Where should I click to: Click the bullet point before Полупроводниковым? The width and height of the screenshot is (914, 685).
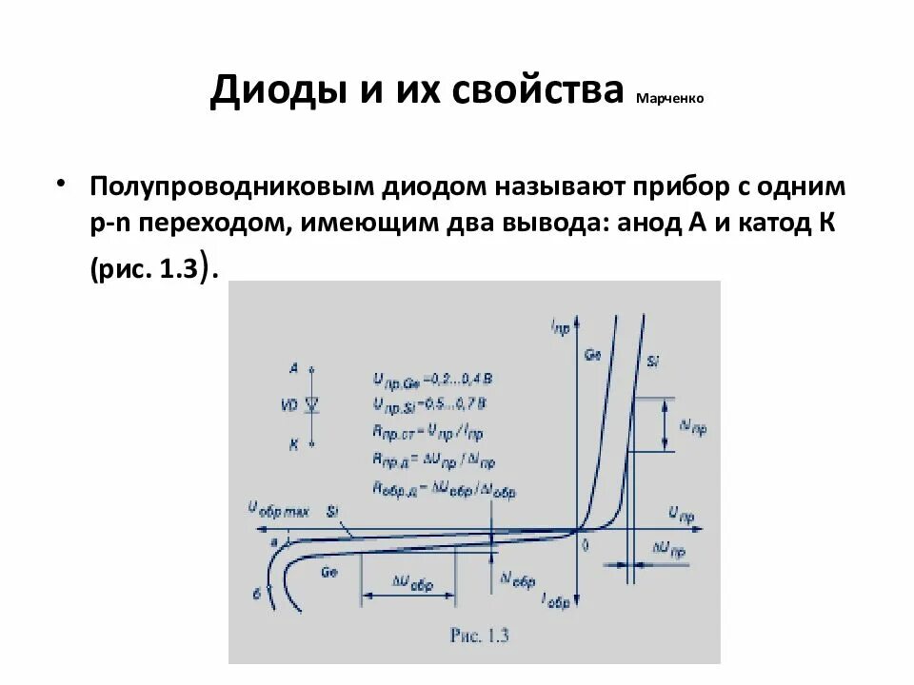(x=63, y=181)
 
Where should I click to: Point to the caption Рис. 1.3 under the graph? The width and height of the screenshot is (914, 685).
(x=473, y=637)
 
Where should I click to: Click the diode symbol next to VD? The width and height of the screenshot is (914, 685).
(x=311, y=404)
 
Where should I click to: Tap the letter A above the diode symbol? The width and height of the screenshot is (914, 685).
(x=293, y=366)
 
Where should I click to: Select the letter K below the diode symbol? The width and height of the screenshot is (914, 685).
(x=293, y=443)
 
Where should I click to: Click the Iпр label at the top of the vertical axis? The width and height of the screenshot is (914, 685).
(x=560, y=326)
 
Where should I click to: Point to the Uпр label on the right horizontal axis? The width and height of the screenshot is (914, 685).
(x=682, y=514)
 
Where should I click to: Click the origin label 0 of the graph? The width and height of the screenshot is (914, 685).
(x=586, y=545)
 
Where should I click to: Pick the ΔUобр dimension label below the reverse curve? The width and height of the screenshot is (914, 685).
(x=411, y=584)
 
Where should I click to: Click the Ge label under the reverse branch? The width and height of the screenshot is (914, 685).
(x=329, y=573)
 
